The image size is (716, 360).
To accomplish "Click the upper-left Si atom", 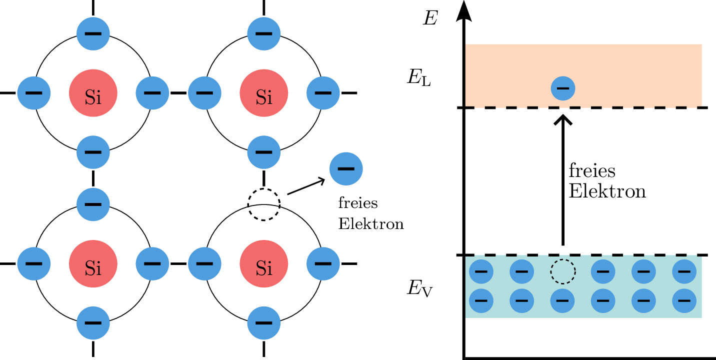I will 93,93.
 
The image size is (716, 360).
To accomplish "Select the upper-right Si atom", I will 263,93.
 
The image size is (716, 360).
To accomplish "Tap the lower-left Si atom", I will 93,263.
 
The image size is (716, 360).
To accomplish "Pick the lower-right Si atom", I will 263,263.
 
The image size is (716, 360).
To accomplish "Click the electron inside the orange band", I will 563,88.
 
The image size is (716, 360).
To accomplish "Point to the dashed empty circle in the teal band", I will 563,271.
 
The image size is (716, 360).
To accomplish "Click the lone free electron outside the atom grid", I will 346,169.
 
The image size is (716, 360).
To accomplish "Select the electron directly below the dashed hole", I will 562,300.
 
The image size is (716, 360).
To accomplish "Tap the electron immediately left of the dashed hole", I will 521,271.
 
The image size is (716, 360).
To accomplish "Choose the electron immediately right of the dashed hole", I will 603,271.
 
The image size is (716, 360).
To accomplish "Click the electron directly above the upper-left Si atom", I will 93,33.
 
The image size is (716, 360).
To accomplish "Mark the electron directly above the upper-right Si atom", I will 263,33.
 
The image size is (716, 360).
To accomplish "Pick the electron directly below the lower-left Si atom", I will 93,323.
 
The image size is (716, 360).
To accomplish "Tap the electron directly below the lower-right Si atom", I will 263,323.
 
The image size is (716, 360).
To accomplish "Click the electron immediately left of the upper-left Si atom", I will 33,93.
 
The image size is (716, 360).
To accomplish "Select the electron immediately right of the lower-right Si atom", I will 323,263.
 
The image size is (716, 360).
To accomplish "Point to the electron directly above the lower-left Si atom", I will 93,204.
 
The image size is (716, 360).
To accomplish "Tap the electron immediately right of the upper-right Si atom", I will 323,93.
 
